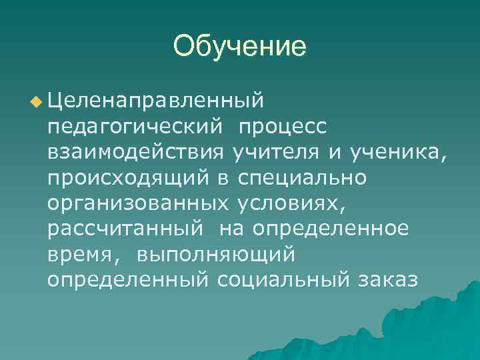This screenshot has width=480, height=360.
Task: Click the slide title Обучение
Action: coord(239,47)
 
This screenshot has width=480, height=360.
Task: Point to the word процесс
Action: coord(283,127)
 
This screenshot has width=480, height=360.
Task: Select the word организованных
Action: coord(136,203)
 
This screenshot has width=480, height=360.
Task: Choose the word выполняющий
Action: coord(215,254)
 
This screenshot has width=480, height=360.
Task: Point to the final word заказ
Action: coord(387,279)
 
